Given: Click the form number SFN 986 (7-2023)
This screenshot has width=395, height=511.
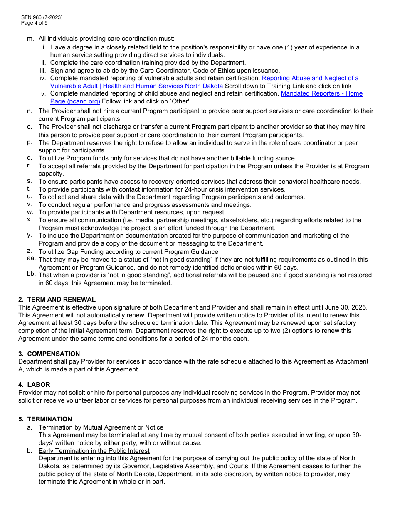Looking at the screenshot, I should (x=42, y=17).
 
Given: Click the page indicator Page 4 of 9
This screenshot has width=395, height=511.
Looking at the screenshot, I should (x=34, y=23).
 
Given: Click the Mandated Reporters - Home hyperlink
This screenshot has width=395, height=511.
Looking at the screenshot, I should (x=321, y=93).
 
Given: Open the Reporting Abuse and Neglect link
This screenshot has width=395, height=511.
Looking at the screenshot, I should (x=310, y=78).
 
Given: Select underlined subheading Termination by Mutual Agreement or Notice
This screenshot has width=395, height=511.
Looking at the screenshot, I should (x=101, y=427).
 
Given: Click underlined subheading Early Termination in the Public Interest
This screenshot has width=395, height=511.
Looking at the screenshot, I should (x=94, y=451).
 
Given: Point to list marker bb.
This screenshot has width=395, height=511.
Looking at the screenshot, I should (x=31, y=275).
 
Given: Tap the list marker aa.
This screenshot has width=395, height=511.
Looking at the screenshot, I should (x=31, y=259).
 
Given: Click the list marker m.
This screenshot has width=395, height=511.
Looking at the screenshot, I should (x=30, y=39).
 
